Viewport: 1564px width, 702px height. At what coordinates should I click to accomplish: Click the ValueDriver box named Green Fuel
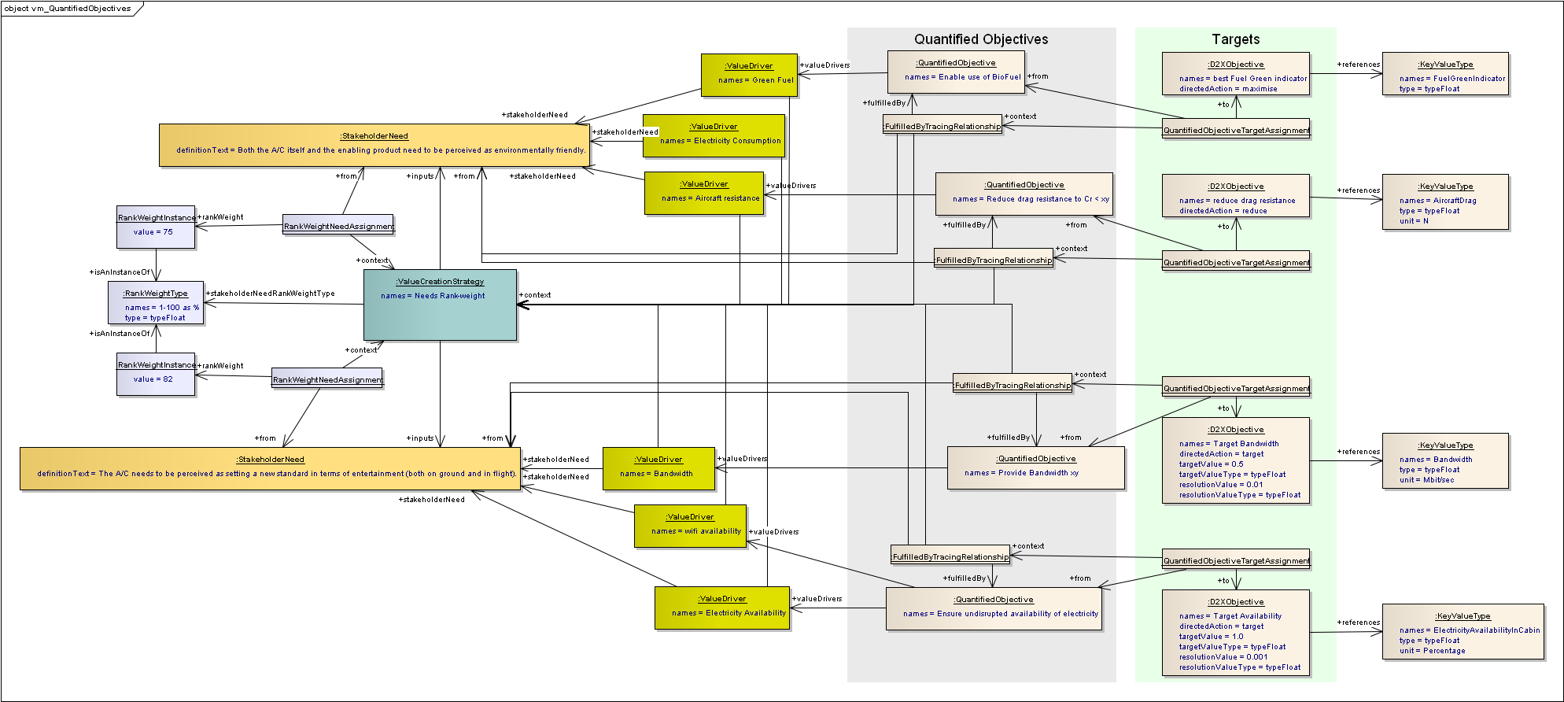click(749, 75)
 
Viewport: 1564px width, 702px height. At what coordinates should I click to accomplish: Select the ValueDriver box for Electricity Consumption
click(714, 135)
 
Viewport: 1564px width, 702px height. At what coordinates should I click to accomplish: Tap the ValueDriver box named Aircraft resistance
click(704, 193)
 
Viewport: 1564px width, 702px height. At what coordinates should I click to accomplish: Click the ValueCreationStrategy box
click(440, 305)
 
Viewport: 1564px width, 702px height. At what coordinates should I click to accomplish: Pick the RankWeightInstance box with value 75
click(156, 227)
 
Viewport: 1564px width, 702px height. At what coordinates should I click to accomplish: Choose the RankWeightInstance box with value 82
click(156, 375)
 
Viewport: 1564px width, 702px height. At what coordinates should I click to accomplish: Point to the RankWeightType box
click(156, 303)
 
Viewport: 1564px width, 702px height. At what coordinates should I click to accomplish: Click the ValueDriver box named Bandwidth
click(658, 468)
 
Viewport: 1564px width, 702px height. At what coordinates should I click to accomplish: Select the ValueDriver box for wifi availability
click(690, 526)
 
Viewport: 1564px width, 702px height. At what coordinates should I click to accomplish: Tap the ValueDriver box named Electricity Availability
click(722, 608)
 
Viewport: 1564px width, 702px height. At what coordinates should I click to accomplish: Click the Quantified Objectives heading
click(981, 39)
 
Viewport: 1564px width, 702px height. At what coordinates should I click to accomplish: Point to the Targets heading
click(1235, 39)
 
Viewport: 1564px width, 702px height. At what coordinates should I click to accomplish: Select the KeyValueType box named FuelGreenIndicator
click(1445, 74)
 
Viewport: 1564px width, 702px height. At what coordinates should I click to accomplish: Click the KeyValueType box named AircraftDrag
click(1445, 201)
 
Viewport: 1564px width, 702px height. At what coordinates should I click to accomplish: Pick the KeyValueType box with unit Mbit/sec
click(1445, 460)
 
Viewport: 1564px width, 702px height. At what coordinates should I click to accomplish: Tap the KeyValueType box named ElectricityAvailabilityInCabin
click(1463, 632)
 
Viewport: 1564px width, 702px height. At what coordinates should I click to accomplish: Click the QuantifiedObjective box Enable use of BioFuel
click(956, 72)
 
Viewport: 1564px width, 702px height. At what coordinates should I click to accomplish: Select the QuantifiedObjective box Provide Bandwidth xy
click(1035, 467)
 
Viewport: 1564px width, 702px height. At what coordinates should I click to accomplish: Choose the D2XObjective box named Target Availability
click(1236, 632)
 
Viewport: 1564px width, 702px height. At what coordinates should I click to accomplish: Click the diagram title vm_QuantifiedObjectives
click(68, 9)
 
